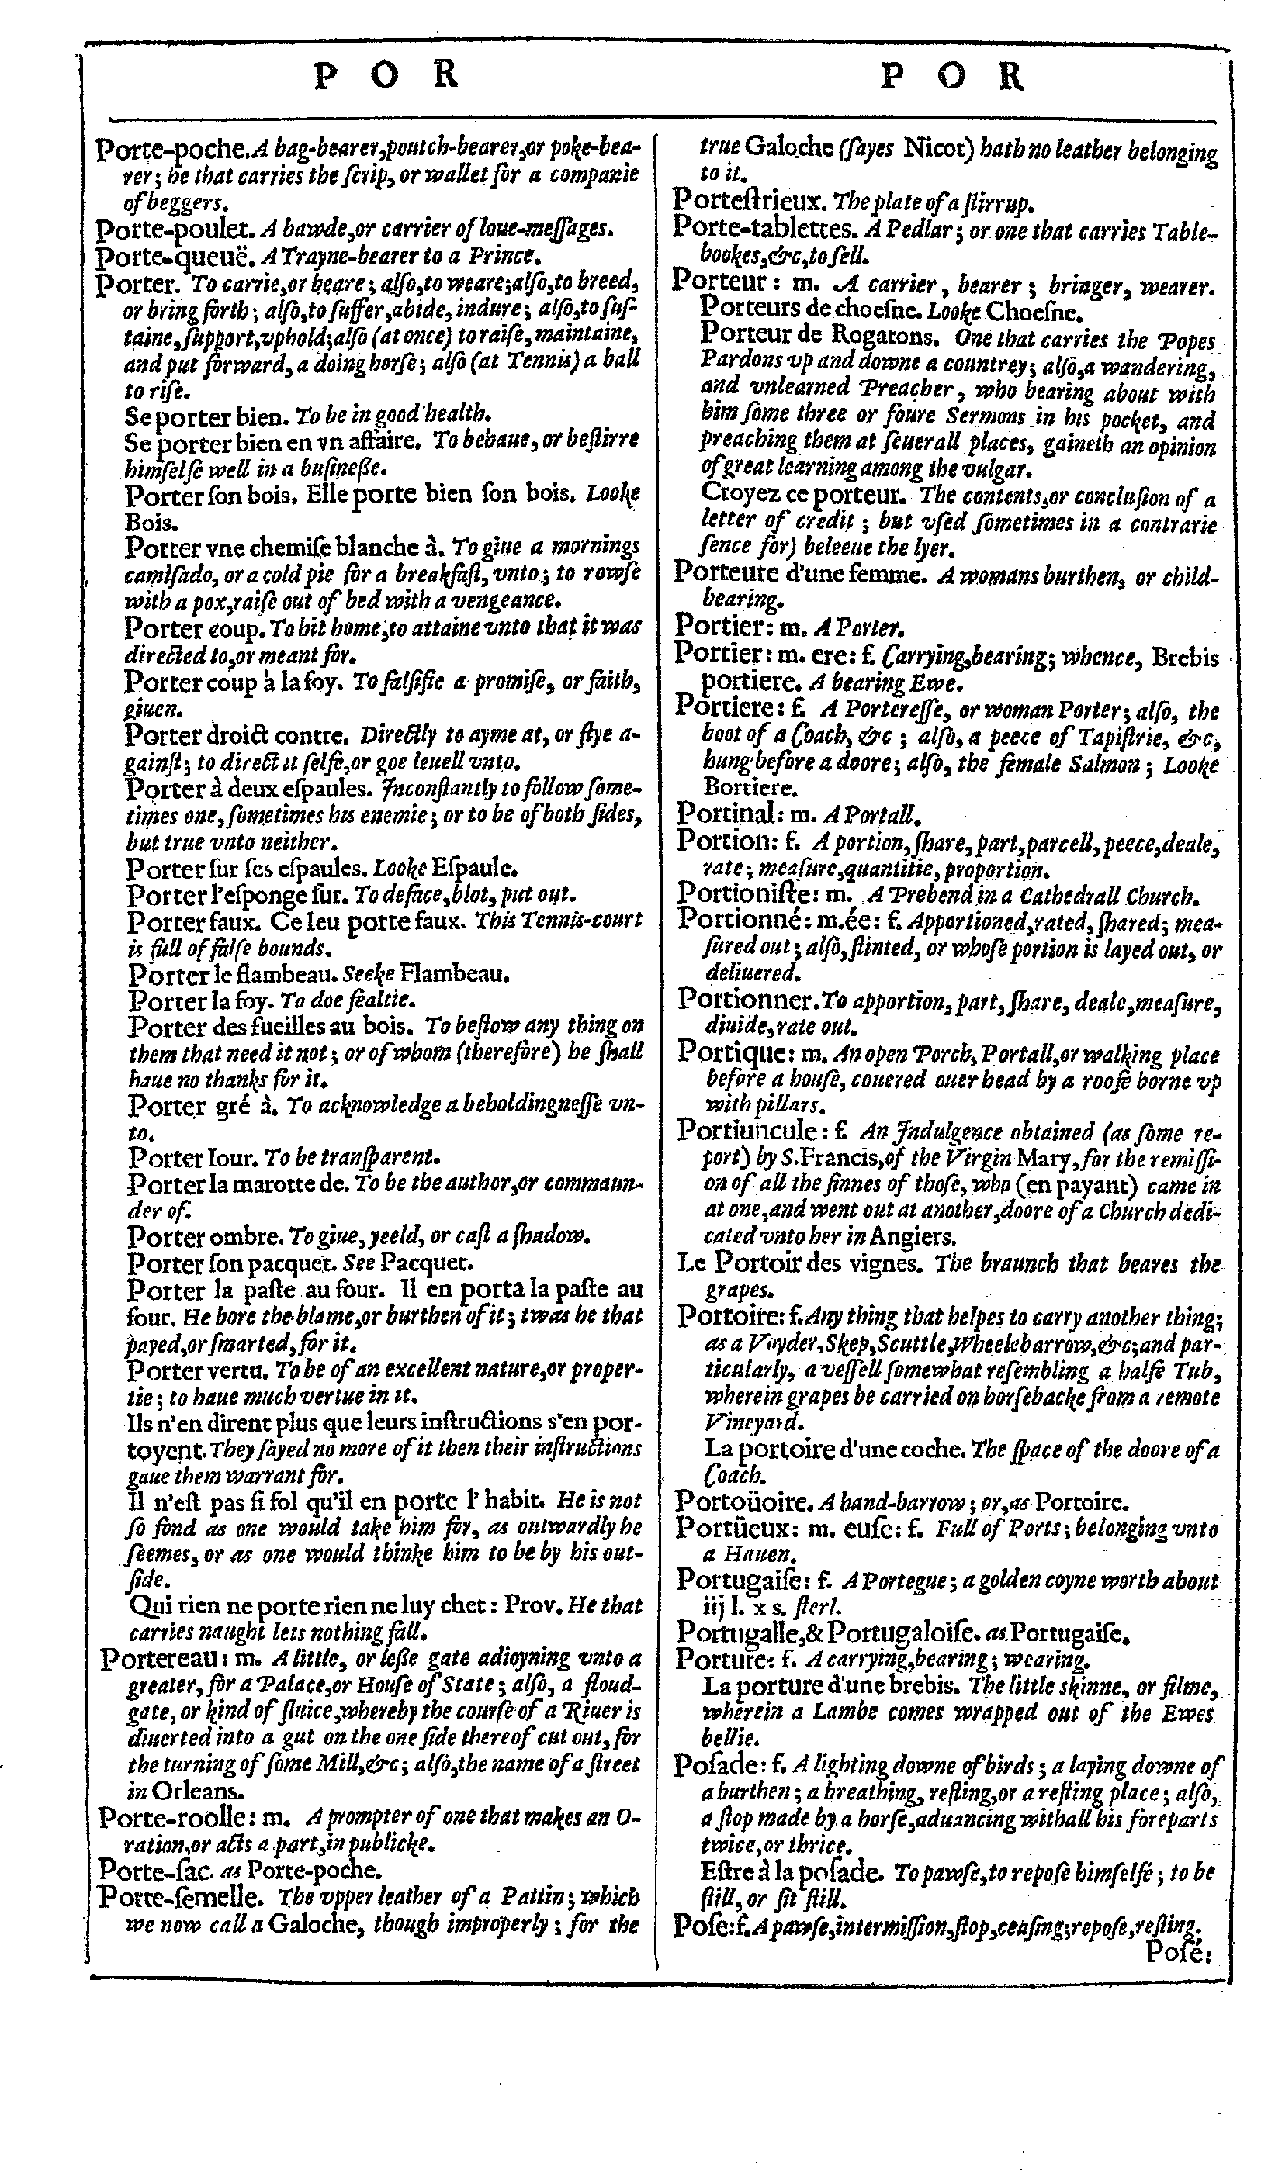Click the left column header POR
point(385,77)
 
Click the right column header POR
point(952,78)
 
